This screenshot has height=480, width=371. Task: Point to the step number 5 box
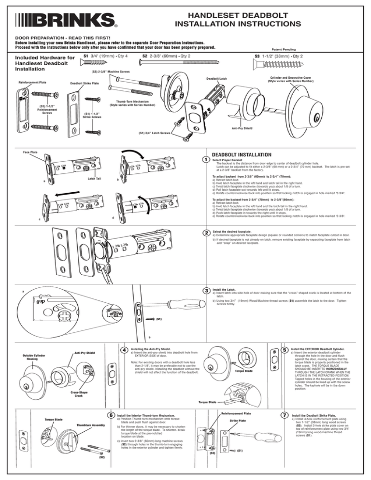click(x=285, y=350)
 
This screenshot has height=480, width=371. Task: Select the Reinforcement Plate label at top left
click(x=32, y=82)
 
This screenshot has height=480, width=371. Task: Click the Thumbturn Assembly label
click(x=90, y=425)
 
